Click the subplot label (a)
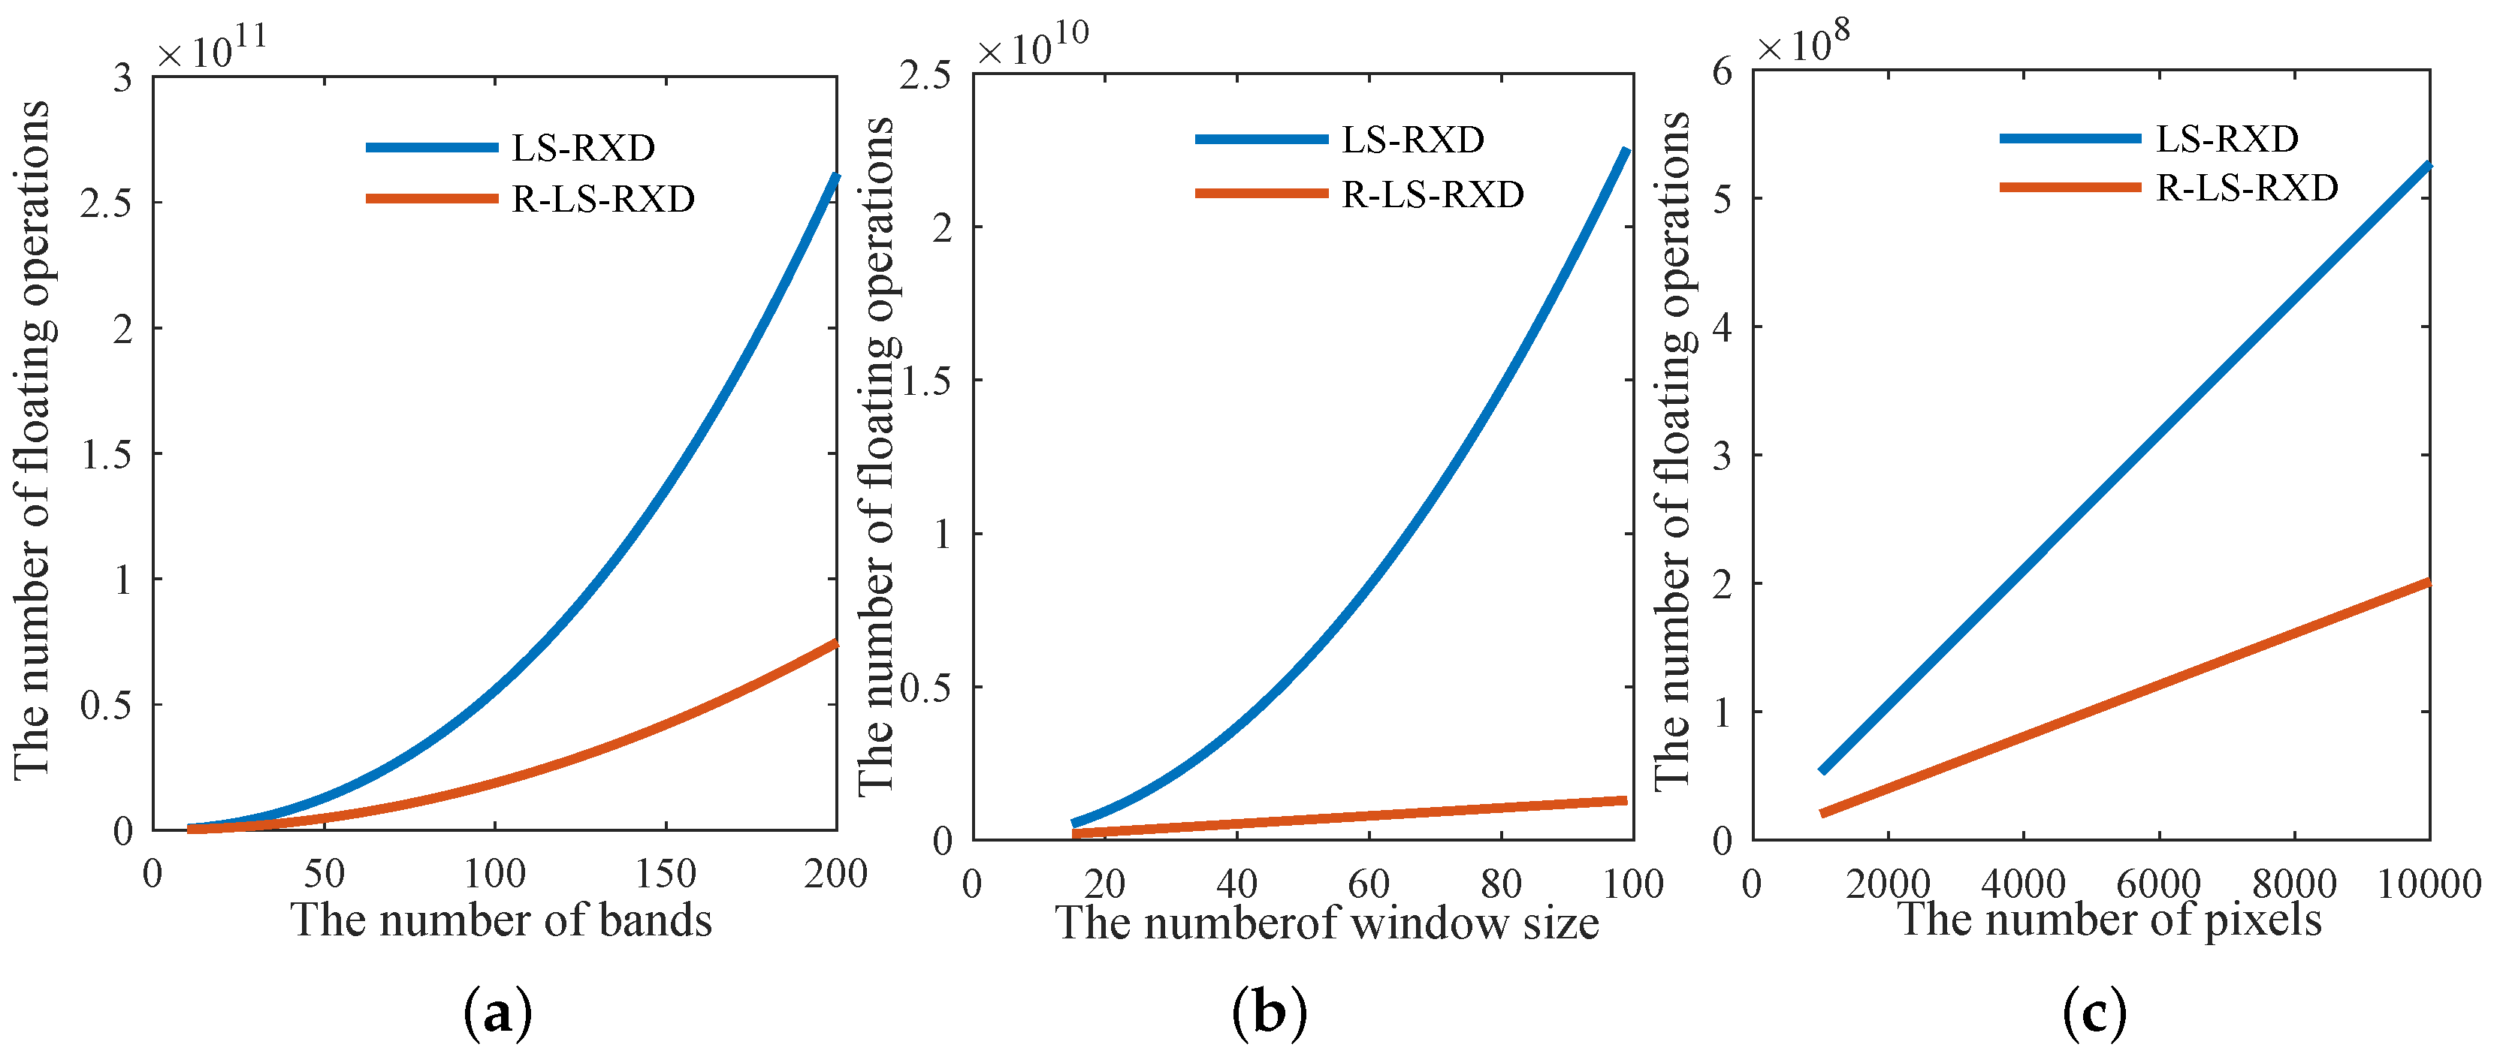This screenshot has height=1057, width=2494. click(x=499, y=1013)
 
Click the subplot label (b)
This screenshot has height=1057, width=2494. click(x=1270, y=1013)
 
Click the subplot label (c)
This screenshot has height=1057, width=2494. click(x=2094, y=1013)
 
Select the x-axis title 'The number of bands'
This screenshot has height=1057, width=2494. click(x=502, y=920)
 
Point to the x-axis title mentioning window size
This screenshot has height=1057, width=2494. click(x=1327, y=923)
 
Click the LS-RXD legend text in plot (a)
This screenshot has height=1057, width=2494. click(x=583, y=148)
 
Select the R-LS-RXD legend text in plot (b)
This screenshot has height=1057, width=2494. click(x=1432, y=194)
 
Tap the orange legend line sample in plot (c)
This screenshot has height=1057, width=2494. click(x=2070, y=186)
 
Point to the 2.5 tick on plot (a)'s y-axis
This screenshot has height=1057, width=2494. click(x=107, y=202)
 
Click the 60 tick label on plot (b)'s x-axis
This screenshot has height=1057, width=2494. click(x=1368, y=883)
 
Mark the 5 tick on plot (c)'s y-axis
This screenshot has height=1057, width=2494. click(x=1720, y=198)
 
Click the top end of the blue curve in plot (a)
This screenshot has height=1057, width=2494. click(x=835, y=176)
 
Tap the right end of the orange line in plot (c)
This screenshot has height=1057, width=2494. click(x=2427, y=582)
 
